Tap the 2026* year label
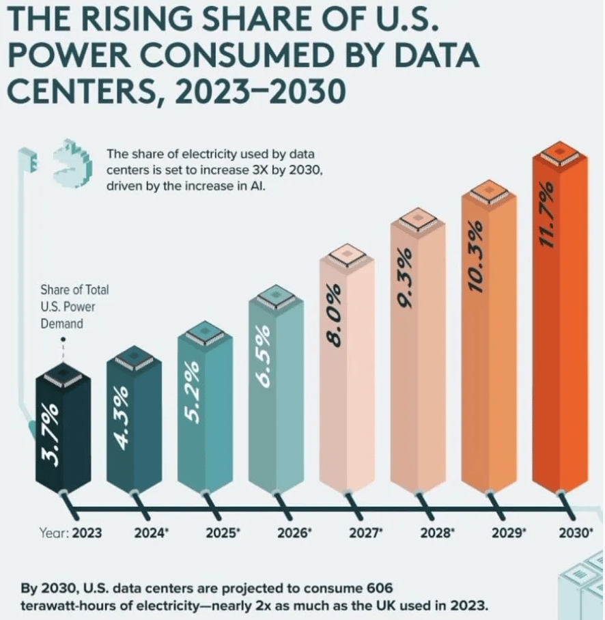pyautogui.click(x=295, y=533)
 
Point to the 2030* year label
pyautogui.click(x=576, y=533)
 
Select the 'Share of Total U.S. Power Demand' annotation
pyautogui.click(x=65, y=306)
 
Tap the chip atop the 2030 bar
pyautogui.click(x=560, y=152)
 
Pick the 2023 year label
pyautogui.click(x=86, y=533)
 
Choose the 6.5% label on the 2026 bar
pyautogui.click(x=264, y=360)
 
